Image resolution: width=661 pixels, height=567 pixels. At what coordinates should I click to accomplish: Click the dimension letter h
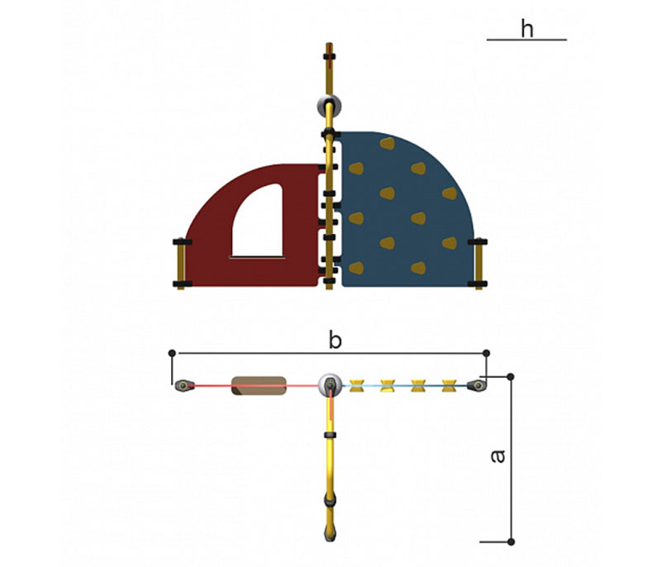tap(527, 29)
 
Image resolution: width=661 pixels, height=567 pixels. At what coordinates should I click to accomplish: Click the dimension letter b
tap(335, 341)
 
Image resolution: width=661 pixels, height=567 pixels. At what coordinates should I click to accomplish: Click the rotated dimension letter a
tap(498, 456)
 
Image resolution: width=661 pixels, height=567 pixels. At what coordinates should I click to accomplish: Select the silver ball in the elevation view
tap(329, 107)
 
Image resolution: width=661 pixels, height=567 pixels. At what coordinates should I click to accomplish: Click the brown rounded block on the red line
tap(259, 386)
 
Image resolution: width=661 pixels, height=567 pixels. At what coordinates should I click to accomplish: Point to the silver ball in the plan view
tap(330, 385)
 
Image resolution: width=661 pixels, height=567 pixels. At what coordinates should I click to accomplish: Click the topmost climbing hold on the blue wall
tap(388, 144)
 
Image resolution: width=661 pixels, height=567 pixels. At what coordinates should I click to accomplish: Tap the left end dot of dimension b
tap(172, 353)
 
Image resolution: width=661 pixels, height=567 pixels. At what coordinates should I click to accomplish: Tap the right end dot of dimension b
tap(486, 353)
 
